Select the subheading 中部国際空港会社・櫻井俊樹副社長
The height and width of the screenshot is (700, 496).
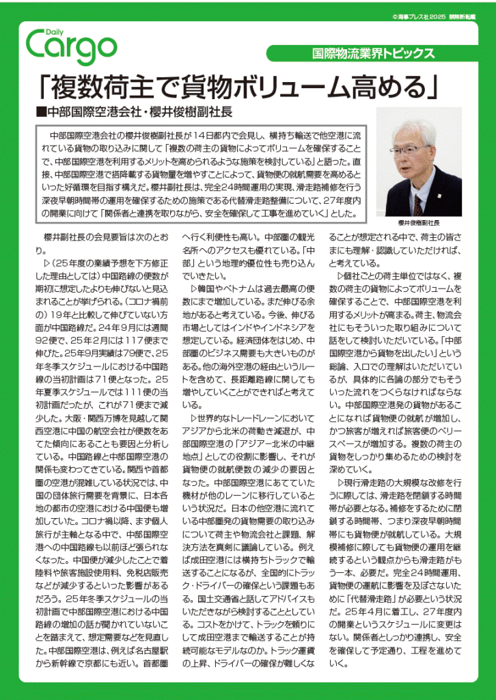(x=139, y=111)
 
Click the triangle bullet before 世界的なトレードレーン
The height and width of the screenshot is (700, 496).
(x=192, y=417)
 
